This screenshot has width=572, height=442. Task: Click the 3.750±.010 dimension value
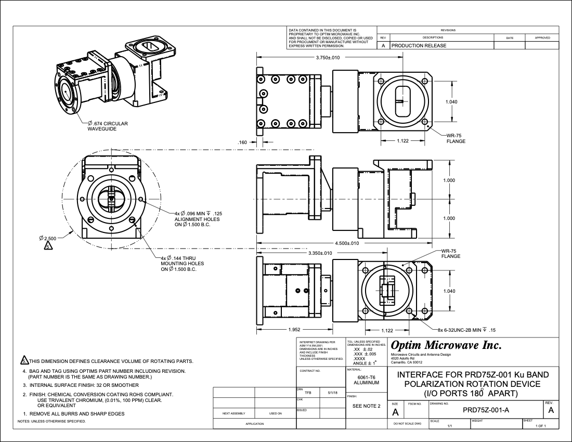(328, 58)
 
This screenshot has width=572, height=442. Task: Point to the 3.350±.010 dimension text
(321, 253)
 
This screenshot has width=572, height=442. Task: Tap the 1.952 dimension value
(295, 330)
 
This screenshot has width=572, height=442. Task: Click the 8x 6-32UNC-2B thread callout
(466, 330)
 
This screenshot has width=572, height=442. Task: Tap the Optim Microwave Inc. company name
(446, 345)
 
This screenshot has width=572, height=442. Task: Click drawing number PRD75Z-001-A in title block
(486, 410)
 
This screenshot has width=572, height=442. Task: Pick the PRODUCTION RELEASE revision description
(419, 46)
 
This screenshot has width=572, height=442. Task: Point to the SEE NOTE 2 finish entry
(366, 406)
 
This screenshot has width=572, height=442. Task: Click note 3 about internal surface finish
(81, 385)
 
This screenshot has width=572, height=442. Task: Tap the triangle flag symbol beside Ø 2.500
(48, 246)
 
